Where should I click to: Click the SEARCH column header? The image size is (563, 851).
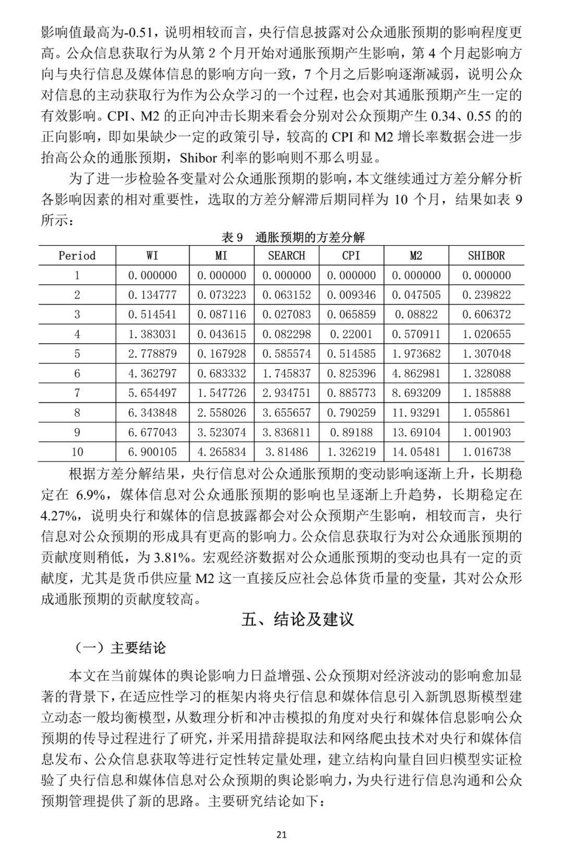pos(286,256)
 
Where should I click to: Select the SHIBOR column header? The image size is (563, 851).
pos(486,256)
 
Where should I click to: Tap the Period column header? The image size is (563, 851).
pos(77,256)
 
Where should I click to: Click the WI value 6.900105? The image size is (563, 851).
pos(152,452)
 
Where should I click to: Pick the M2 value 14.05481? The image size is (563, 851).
pos(416,452)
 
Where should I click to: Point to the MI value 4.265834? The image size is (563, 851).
pos(221,452)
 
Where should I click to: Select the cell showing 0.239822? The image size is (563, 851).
pos(486,295)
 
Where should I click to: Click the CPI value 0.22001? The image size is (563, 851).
pos(351,334)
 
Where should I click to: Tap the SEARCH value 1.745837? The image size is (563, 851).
pos(286,373)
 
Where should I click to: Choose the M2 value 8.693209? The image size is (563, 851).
pos(416,393)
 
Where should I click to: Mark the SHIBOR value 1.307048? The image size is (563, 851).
pos(486,354)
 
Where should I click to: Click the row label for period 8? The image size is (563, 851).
pos(77,412)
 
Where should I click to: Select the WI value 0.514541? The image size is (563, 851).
pos(152,314)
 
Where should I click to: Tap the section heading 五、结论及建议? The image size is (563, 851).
pos(298,619)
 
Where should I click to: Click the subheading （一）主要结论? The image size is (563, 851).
pos(120,648)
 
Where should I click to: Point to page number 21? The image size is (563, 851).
pos(281,834)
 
